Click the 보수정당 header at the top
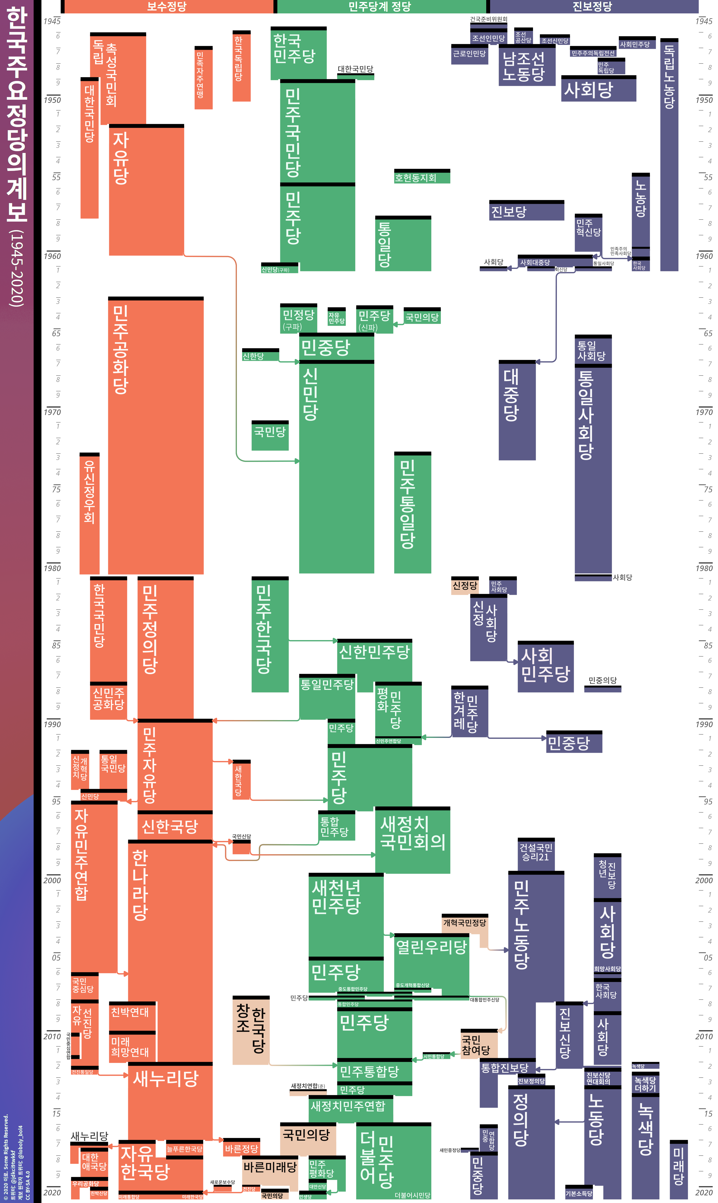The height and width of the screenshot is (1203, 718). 167,6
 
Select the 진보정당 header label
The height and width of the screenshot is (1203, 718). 592,6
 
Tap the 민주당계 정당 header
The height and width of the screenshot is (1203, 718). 380,6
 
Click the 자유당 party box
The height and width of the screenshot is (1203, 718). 146,189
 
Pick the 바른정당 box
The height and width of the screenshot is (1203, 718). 242,1148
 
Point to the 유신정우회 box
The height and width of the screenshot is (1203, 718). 89,513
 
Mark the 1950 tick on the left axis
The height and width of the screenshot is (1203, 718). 52,100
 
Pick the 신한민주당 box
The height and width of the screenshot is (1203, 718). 374,658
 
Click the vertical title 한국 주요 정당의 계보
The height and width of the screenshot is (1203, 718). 17,155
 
